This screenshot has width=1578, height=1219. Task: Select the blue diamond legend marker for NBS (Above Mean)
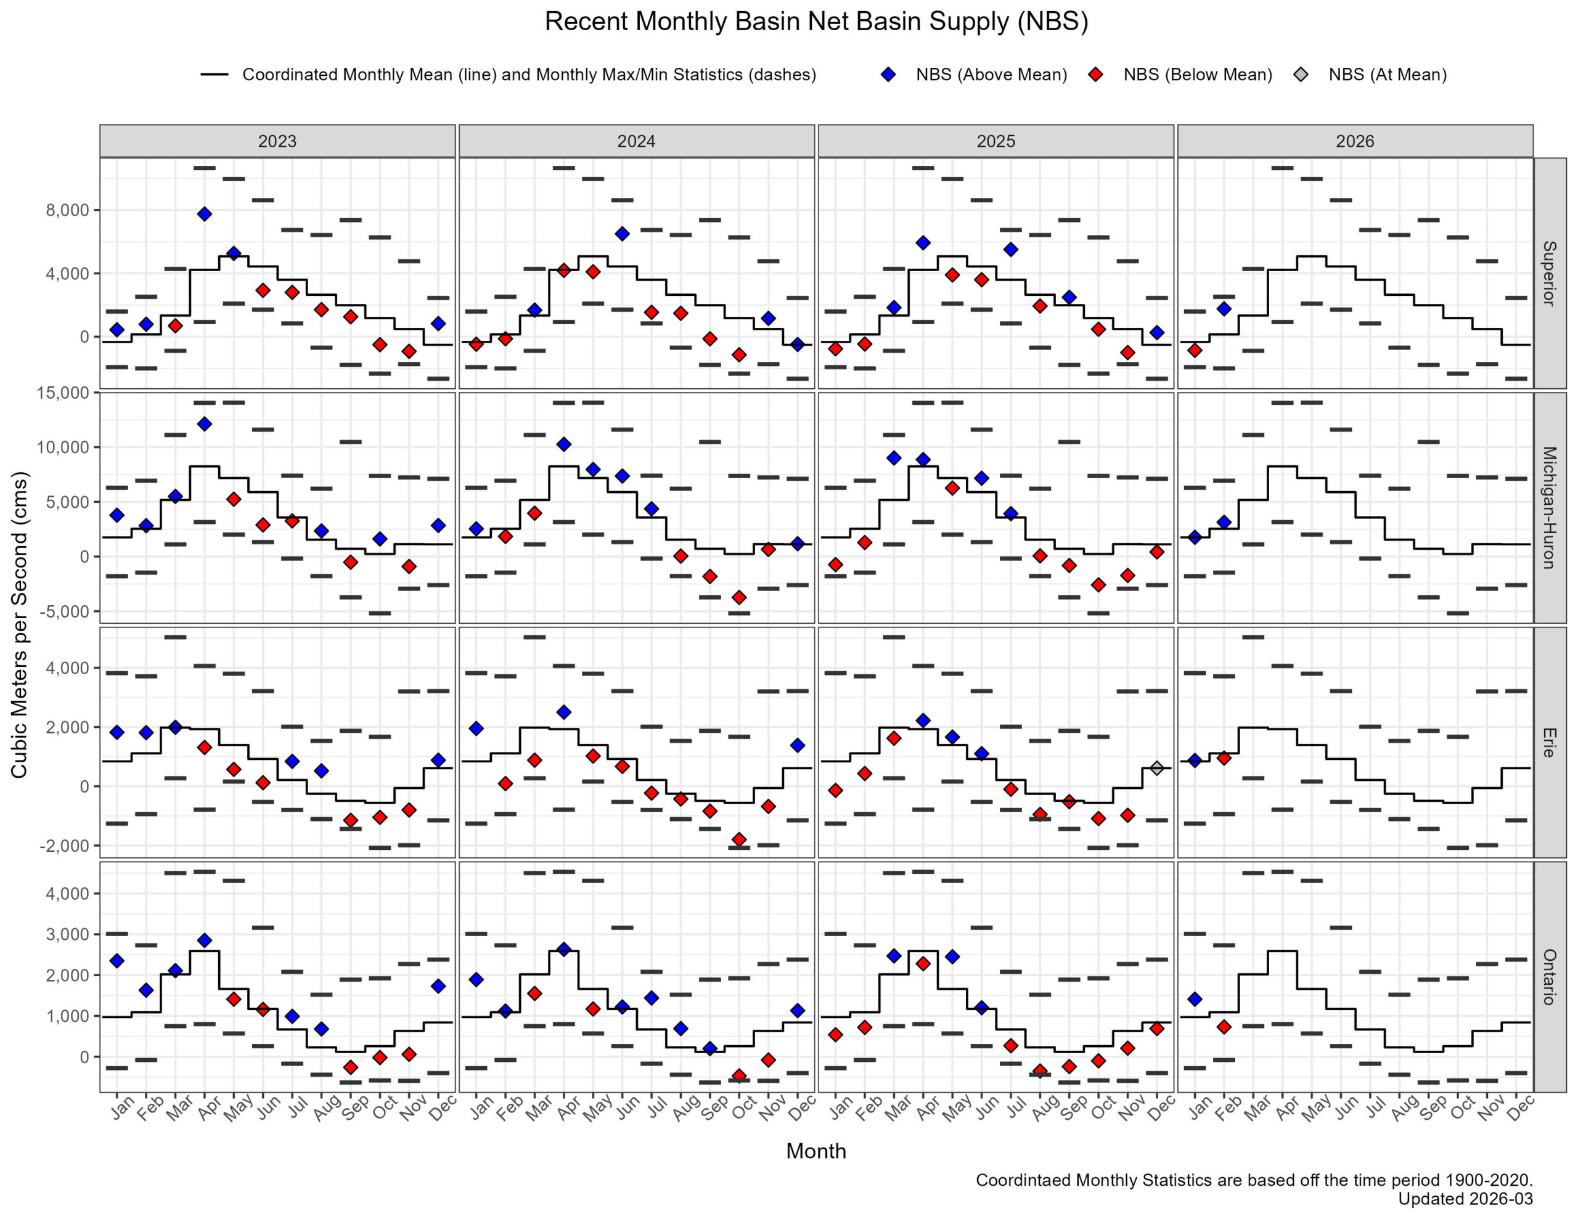point(888,75)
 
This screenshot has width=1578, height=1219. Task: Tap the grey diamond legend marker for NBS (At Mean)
point(1301,75)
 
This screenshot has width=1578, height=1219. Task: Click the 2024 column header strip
point(636,141)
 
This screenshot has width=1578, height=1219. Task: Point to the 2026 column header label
point(1355,141)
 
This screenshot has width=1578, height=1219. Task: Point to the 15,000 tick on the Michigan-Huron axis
point(63,393)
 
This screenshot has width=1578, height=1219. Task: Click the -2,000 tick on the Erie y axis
point(66,846)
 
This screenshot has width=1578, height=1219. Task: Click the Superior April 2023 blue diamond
point(205,214)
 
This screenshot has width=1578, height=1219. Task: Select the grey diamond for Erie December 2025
point(1157,768)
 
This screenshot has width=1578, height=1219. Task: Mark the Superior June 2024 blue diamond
point(622,234)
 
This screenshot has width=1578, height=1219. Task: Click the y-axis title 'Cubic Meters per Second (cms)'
point(20,625)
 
